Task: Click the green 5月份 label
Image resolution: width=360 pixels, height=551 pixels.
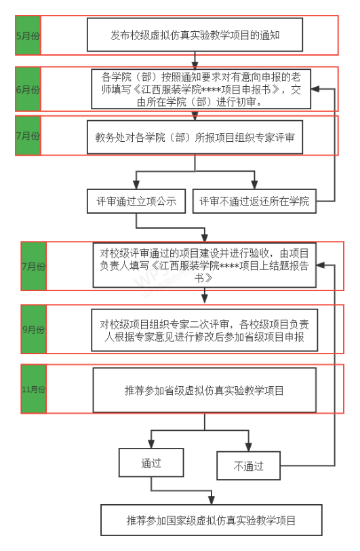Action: tap(28, 35)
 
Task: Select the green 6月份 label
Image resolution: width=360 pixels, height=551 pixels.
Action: tap(28, 90)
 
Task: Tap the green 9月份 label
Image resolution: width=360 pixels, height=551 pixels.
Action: tap(34, 329)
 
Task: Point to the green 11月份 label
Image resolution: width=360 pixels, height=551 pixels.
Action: tap(34, 389)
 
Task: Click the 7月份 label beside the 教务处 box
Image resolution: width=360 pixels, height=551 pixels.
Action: tap(28, 136)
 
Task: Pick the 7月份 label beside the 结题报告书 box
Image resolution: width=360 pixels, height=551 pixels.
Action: tap(34, 266)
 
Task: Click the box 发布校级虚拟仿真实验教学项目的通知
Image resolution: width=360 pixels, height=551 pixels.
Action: tap(195, 35)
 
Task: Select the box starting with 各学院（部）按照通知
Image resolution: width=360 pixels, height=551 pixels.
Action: tap(201, 89)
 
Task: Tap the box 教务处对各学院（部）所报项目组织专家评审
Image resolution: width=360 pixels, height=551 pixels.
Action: tap(195, 137)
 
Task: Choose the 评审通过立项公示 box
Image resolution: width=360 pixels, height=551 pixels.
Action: tap(136, 201)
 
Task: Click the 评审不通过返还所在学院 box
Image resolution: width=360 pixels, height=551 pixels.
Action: tap(255, 201)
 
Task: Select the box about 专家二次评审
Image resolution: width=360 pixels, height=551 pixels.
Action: tap(205, 330)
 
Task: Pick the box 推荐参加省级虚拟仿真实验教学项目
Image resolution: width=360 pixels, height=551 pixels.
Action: tap(205, 390)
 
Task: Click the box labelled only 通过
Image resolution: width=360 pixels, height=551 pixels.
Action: tap(151, 463)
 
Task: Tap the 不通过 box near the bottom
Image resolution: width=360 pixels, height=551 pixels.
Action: tap(249, 466)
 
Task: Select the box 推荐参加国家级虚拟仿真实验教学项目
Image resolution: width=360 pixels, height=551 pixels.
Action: tap(212, 520)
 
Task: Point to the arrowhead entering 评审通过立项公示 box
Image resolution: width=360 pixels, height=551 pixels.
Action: tap(136, 185)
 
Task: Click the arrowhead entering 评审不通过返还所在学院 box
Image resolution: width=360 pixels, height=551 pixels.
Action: tap(255, 185)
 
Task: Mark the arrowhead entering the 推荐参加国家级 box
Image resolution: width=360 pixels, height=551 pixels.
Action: tap(212, 500)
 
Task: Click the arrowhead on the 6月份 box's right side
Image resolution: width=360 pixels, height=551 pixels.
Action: tap(315, 89)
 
